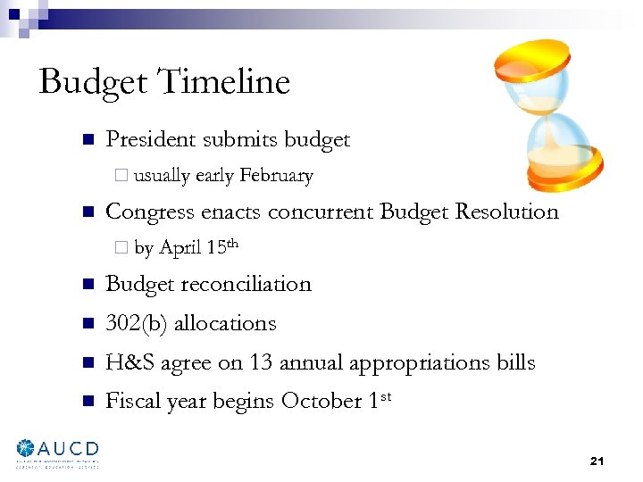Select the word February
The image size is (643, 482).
pyautogui.click(x=276, y=176)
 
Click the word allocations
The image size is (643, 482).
pyautogui.click(x=225, y=323)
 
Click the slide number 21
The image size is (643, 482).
pyautogui.click(x=597, y=461)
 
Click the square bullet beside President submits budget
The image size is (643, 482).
pyautogui.click(x=88, y=140)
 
